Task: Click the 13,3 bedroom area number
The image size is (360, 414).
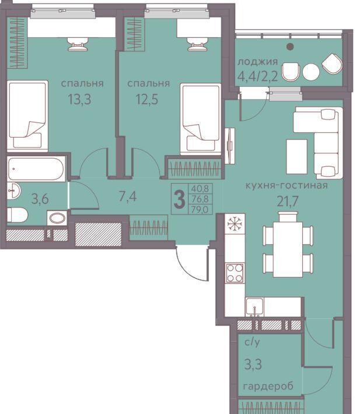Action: [x=79, y=100]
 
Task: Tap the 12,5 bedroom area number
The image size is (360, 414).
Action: [x=147, y=100]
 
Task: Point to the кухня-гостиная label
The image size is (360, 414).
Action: [x=287, y=185]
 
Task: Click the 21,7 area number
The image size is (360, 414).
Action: [x=288, y=201]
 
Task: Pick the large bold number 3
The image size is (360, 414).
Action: [x=180, y=199]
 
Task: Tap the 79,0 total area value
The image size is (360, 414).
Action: [x=200, y=209]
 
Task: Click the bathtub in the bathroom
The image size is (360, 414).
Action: [x=36, y=169]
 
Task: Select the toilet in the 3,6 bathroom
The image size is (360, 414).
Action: [x=17, y=215]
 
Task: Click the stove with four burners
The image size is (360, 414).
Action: [x=235, y=273]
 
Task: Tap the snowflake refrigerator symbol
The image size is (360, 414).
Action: [x=235, y=224]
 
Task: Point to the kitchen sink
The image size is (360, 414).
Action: [x=254, y=307]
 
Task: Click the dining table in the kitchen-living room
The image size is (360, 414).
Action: [x=288, y=249]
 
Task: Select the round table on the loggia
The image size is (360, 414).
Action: [x=311, y=72]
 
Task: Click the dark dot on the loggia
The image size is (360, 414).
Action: [x=290, y=47]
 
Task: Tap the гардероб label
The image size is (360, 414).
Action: [x=268, y=387]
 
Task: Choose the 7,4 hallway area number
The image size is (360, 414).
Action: [x=128, y=196]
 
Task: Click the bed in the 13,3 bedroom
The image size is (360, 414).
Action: [x=27, y=116]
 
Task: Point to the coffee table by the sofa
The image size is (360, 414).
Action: [x=296, y=157]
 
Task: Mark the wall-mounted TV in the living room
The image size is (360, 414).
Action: [x=229, y=146]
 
